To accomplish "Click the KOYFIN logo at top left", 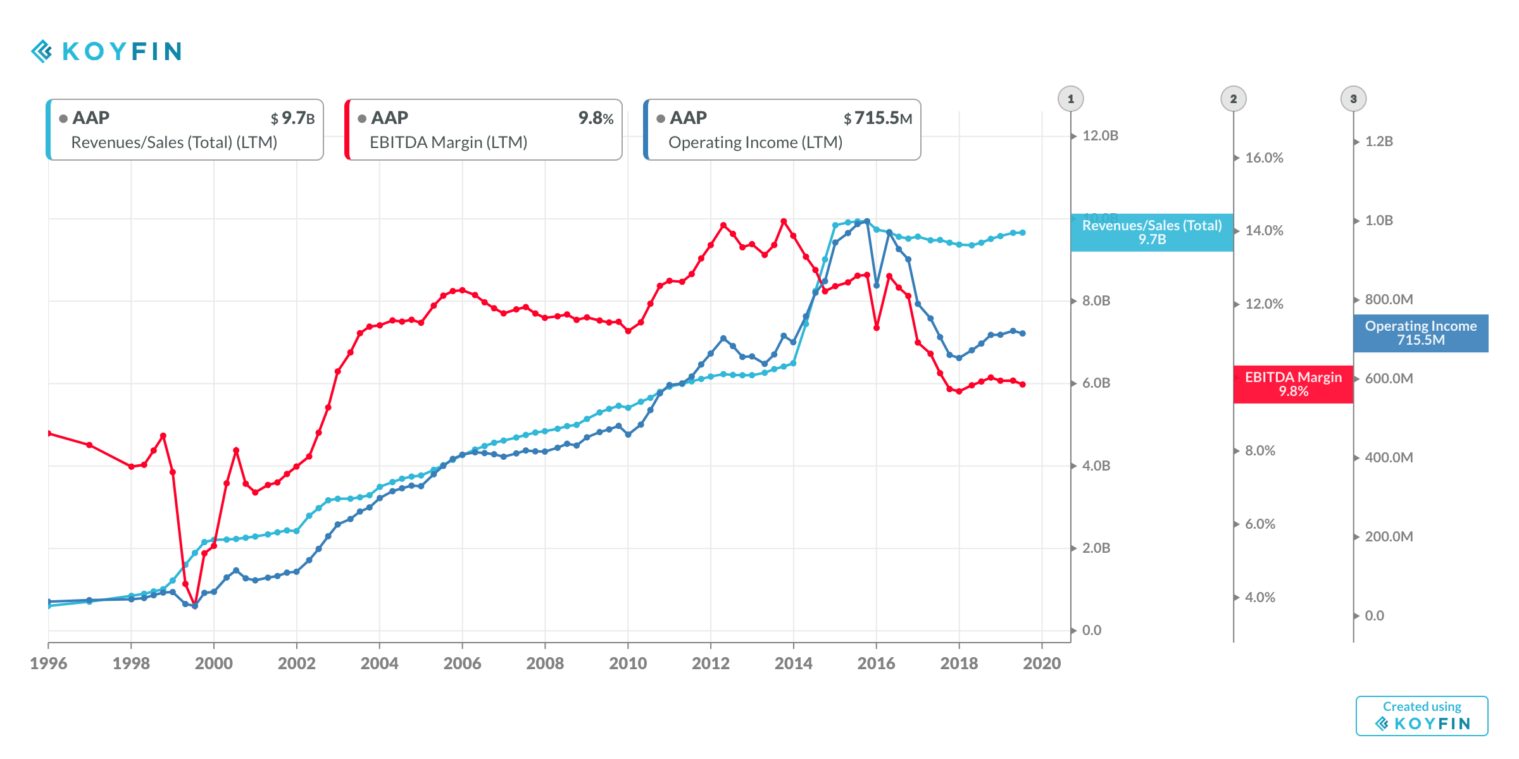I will click(106, 51).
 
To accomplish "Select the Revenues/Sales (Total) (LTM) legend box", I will click(185, 130).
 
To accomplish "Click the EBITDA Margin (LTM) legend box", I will click(484, 130).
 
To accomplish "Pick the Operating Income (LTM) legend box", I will click(782, 130).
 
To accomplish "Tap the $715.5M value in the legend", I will click(878, 118).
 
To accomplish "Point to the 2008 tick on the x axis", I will click(545, 663).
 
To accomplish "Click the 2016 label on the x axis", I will click(876, 663).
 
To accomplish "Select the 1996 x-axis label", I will click(48, 663).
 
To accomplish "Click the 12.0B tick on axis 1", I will click(1100, 136).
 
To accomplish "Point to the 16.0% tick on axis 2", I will click(1263, 158).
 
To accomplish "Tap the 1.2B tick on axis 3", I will click(1378, 142).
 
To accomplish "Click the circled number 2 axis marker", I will click(1233, 99).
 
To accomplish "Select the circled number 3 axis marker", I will click(1353, 99).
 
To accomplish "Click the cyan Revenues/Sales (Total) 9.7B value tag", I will click(1152, 232).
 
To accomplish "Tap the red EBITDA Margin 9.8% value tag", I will click(1293, 384).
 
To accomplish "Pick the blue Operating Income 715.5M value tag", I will click(1420, 333).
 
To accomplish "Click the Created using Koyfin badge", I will click(1422, 715).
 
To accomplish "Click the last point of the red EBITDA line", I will click(1022, 385).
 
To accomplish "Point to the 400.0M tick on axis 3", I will click(1388, 457).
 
